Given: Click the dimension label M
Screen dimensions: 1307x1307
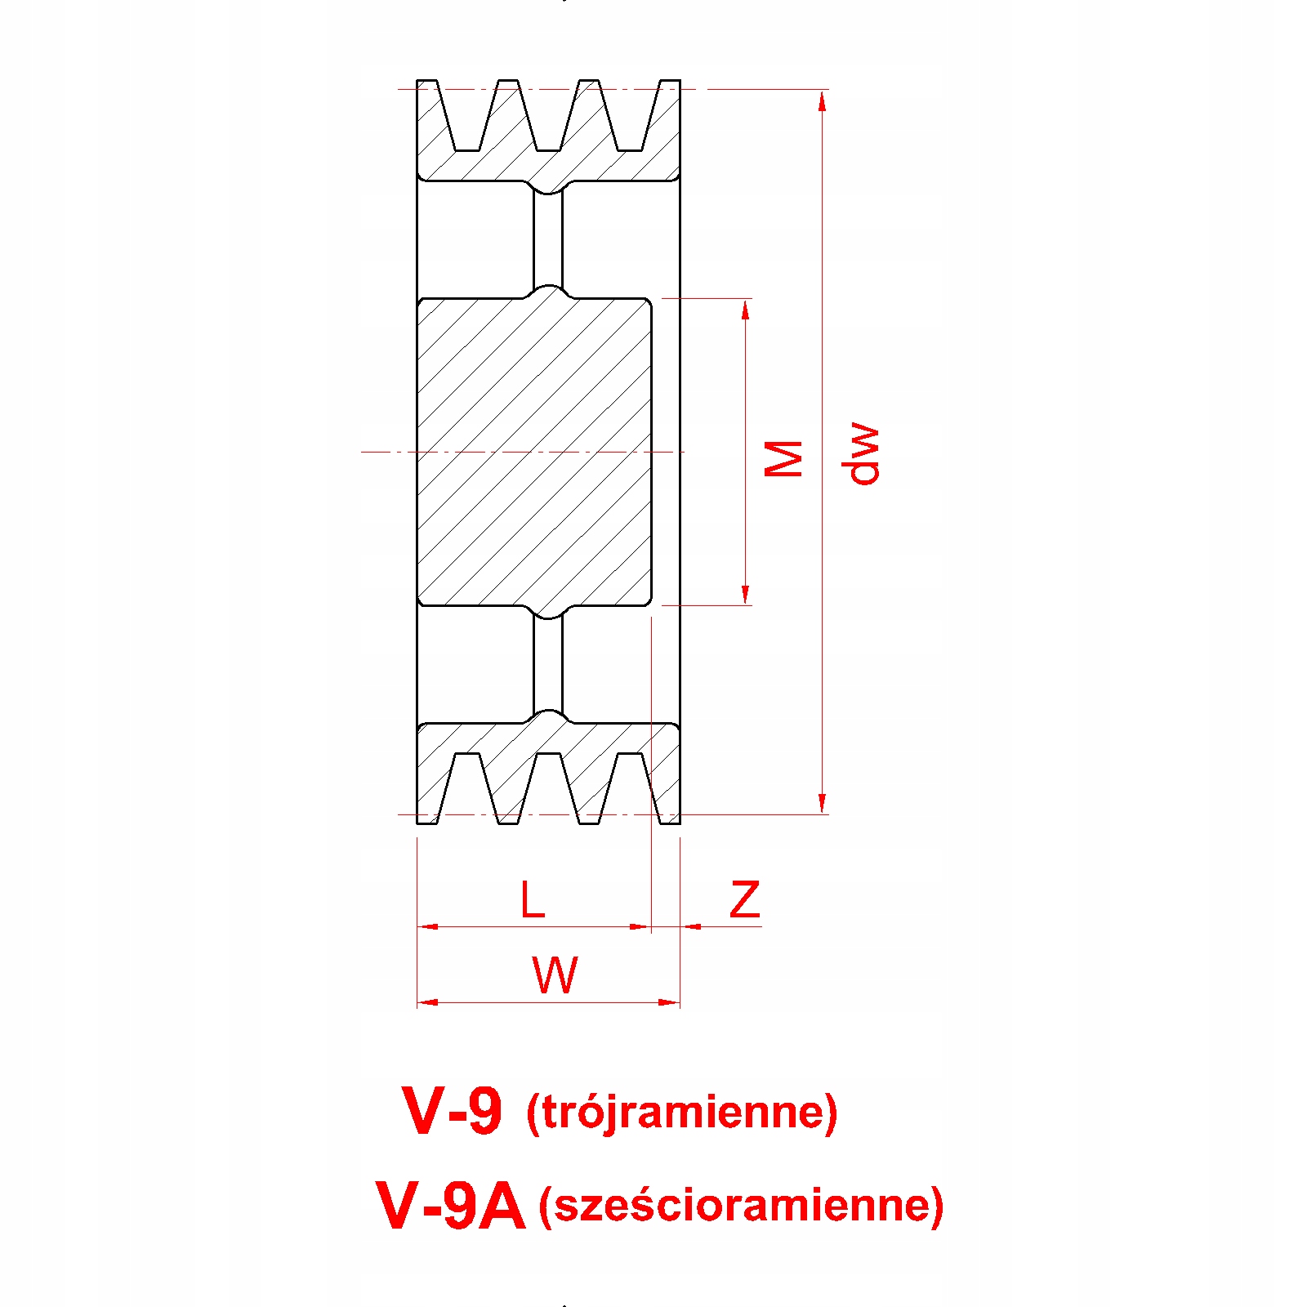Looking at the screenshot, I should pos(783,458).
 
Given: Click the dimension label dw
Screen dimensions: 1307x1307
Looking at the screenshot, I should pos(862,454).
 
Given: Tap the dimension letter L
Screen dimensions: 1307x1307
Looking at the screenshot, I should pos(533,900).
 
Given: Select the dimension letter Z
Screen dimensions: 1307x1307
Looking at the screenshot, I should pos(744,900).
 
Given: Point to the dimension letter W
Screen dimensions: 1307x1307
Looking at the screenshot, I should pos(555,975).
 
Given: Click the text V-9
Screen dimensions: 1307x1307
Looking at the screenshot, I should pos(452,1111).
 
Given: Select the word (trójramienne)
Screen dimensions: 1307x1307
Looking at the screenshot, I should pos(682,1112).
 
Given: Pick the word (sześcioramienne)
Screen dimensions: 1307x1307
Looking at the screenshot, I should pos(741,1206).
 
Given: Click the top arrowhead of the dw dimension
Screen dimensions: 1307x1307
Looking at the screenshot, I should pos(823,100).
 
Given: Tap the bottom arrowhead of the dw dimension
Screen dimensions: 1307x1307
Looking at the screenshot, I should pos(823,804).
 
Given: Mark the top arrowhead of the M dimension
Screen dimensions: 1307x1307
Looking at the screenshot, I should pos(746,309).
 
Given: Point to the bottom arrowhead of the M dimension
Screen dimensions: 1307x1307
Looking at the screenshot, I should pos(746,595).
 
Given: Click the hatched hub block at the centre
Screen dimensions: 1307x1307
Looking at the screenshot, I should pos(534,452).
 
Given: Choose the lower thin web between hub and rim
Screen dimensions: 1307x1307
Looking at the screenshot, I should pos(548,664).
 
